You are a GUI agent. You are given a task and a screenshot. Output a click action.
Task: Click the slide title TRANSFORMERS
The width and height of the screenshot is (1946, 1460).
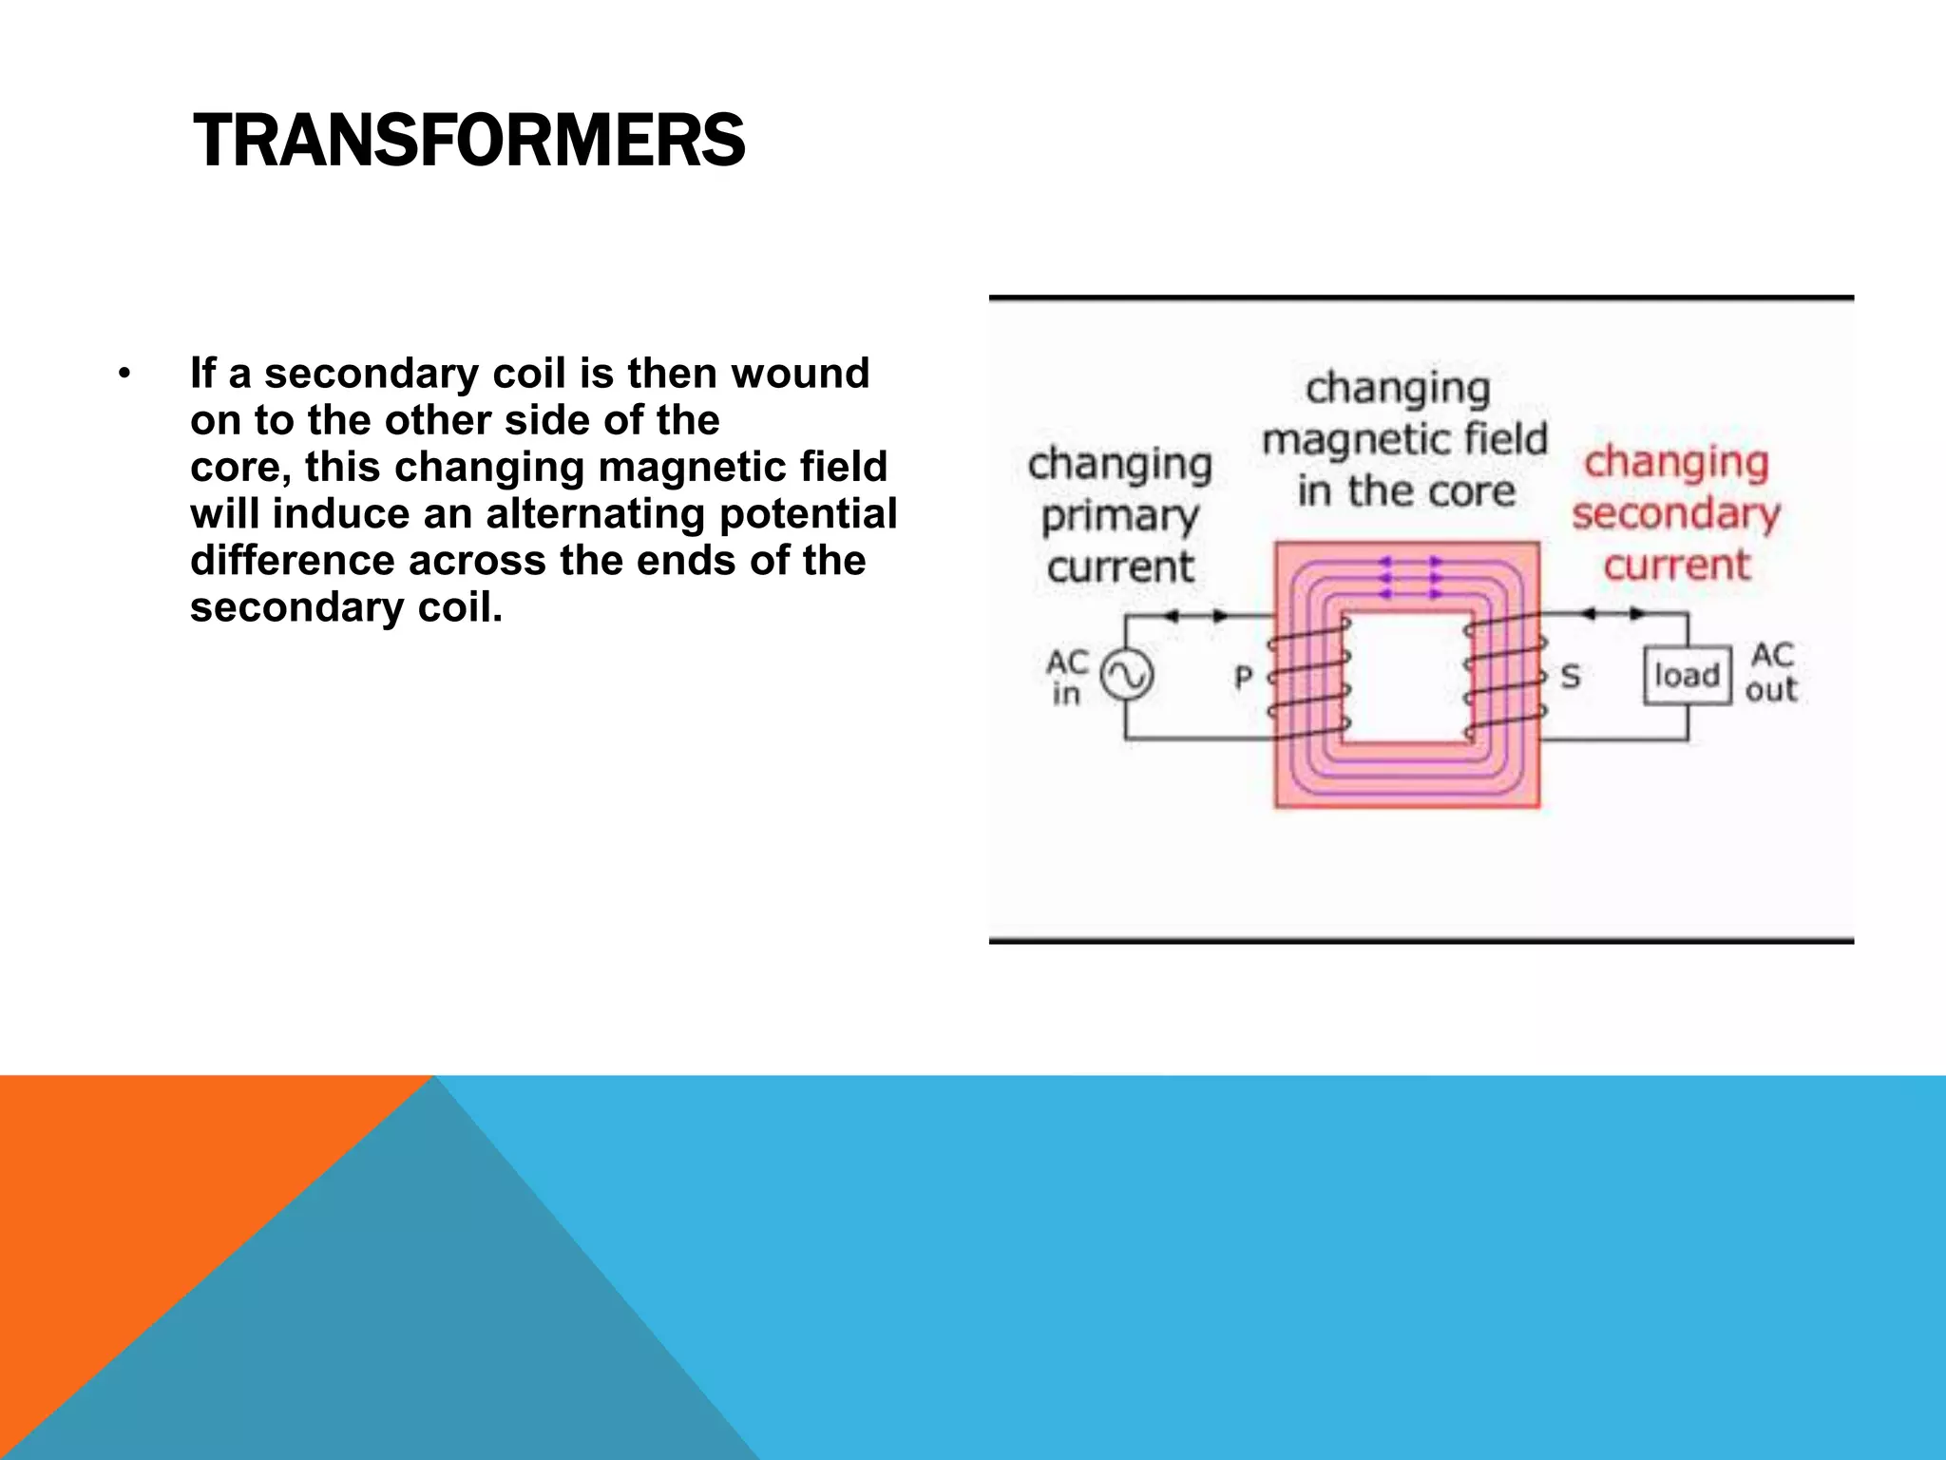[x=468, y=141]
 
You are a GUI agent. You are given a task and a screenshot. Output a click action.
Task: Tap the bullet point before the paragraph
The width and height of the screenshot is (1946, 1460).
[x=124, y=375]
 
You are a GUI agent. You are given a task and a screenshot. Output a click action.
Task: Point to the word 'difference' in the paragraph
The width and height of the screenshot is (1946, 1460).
[x=292, y=561]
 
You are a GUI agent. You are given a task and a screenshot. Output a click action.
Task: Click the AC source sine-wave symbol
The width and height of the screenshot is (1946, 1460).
[x=1127, y=676]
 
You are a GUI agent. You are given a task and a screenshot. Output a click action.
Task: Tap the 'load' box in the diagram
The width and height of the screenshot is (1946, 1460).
[x=1687, y=676]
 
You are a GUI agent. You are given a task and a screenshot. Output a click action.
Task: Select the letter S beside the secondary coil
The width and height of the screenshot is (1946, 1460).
[x=1571, y=677]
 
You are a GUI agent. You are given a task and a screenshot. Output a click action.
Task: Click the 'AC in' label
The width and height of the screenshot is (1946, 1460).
[x=1066, y=677]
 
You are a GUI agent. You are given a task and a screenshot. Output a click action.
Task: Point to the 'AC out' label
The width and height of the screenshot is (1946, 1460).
[x=1772, y=673]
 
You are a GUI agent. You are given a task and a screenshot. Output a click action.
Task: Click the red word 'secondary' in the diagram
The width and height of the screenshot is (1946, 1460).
[x=1675, y=514]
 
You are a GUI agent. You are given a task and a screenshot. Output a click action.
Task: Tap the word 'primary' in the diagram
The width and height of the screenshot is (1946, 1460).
[x=1119, y=516]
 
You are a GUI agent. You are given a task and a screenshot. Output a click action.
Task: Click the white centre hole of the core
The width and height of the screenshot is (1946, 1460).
[x=1406, y=676]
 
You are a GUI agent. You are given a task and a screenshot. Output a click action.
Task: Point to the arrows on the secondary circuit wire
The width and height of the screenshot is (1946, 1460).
[x=1612, y=614]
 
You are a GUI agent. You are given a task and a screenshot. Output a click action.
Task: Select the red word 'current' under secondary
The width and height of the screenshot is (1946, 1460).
[x=1676, y=566]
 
